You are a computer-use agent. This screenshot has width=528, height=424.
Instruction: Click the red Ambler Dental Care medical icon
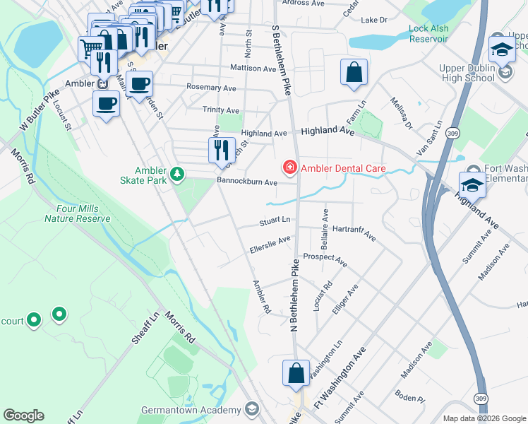point(289,167)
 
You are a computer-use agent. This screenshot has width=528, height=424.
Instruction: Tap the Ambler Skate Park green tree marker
point(177,173)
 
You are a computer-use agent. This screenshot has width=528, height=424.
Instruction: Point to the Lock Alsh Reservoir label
point(428,34)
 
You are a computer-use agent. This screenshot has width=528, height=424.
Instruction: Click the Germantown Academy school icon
point(251,410)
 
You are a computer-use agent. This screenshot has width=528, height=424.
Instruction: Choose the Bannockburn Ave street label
point(246,182)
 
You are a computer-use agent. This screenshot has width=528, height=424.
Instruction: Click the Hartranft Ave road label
point(353,232)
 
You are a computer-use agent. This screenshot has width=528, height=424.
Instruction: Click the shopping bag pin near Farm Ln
point(353,73)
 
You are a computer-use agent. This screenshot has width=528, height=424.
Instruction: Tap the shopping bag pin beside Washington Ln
point(296,374)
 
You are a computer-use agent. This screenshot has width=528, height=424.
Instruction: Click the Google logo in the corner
point(23,416)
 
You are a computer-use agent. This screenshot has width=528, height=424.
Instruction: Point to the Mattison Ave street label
point(253,69)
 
